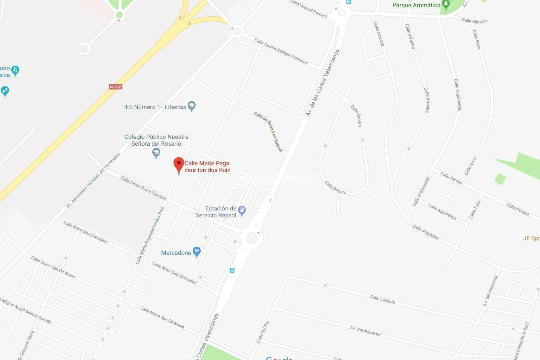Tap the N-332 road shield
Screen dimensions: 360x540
click(x=115, y=87)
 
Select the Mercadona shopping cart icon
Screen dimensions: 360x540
click(x=197, y=251)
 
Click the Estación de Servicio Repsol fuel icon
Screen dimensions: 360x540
click(x=242, y=210)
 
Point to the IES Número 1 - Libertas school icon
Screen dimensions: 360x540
click(x=192, y=106)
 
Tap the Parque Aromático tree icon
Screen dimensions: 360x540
click(x=445, y=5)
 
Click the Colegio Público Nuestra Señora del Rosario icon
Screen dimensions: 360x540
click(x=156, y=153)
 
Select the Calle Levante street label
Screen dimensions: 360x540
click(x=382, y=300)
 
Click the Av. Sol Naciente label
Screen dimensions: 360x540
click(x=365, y=331)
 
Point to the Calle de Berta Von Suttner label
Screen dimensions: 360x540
click(x=268, y=131)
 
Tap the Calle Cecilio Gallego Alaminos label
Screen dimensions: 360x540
click(x=281, y=51)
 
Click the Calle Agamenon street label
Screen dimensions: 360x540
click(x=442, y=211)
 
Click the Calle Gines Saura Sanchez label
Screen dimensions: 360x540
click(x=143, y=188)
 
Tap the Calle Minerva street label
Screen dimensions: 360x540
click(x=474, y=21)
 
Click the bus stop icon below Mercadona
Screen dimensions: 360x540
click(x=232, y=270)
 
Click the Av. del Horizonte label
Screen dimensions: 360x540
click(x=490, y=291)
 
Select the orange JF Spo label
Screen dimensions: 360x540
click(x=531, y=238)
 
